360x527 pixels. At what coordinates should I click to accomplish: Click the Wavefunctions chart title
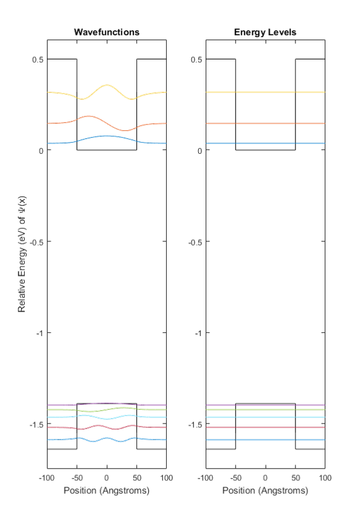coord(107,32)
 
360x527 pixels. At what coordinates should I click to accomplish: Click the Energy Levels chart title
coord(265,32)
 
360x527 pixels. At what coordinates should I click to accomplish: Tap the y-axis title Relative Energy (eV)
coord(22,254)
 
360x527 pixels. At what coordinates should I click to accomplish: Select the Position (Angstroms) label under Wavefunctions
coord(107,490)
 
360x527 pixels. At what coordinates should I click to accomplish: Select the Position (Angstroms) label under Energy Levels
coord(265,490)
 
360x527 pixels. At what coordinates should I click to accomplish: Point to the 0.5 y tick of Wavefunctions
coord(38,60)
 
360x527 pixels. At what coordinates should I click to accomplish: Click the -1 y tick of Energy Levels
coord(198,333)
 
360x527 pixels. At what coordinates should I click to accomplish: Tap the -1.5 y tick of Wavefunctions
coord(37,425)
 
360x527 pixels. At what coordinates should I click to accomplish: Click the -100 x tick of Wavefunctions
coord(46,478)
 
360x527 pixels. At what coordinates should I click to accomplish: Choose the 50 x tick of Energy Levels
coord(296,478)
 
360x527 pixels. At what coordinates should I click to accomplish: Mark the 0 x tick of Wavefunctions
coord(107,478)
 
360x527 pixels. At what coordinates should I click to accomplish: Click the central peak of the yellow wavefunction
coord(107,85)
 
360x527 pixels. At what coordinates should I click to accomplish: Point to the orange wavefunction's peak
coord(88,117)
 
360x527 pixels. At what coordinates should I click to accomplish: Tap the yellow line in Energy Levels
coord(265,92)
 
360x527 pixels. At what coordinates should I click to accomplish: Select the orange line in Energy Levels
coord(265,123)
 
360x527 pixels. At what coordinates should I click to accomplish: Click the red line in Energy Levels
coord(265,427)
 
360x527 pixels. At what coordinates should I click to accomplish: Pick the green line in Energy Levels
coord(265,410)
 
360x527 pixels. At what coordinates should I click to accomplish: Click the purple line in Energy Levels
coord(265,405)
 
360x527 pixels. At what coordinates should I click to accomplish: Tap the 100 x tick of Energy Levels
coord(325,478)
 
